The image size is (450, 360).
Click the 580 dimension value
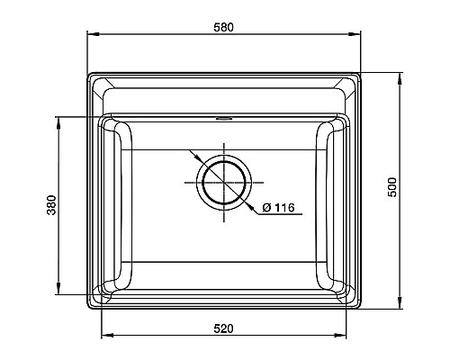[223, 27]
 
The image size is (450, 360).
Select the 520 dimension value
[223, 328]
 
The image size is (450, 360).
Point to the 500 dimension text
[391, 187]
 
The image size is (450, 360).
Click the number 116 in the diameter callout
[283, 209]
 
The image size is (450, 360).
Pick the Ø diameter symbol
[267, 209]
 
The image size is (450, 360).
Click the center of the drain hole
[223, 183]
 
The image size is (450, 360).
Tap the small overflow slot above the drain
[223, 117]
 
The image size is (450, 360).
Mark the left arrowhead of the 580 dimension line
[91, 35]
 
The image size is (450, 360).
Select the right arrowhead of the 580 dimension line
[356, 35]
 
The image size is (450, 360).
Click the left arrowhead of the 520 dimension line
[103, 337]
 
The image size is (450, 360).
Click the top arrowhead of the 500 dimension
[400, 73]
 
